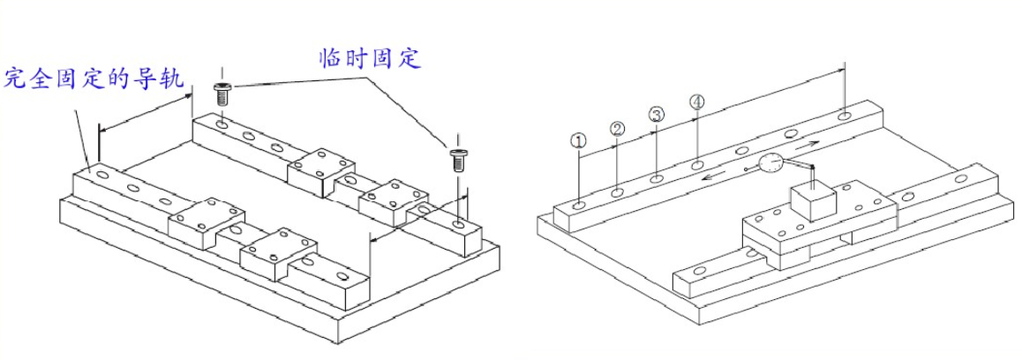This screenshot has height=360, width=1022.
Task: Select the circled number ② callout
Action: point(618,128)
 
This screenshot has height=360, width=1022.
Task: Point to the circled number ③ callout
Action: point(656,115)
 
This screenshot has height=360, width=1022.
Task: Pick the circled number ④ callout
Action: point(697,102)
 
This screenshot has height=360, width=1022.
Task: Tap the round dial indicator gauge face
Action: point(770,163)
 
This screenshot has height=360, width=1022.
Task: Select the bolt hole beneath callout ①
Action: point(577,205)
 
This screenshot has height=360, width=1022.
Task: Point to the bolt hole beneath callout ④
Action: point(697,164)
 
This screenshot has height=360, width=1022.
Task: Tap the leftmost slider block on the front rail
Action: point(207,221)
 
